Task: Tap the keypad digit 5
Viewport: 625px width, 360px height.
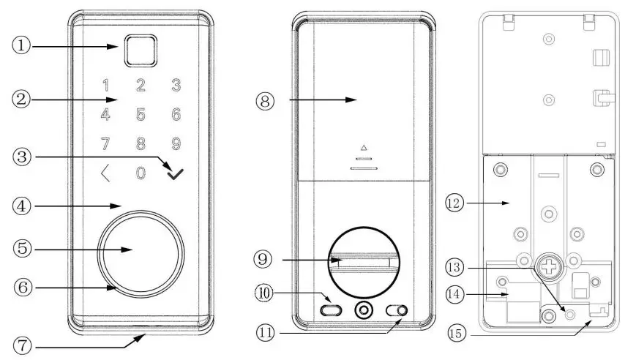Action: tap(141, 114)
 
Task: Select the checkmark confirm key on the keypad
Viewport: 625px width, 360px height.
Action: tap(176, 174)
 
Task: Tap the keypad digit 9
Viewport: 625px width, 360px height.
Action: tap(176, 144)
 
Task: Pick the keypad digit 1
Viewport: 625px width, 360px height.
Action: tap(106, 84)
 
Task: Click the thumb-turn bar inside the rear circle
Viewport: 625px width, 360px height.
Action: tap(363, 260)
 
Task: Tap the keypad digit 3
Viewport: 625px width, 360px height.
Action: tap(176, 84)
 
